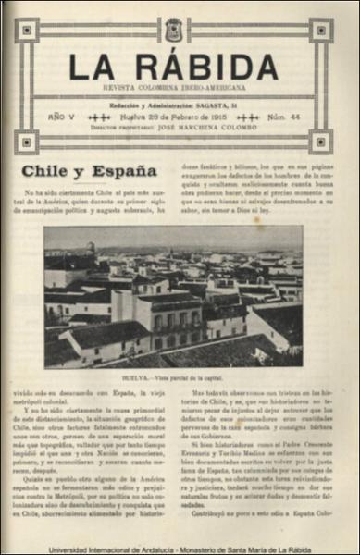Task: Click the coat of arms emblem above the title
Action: (x=173, y=31)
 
